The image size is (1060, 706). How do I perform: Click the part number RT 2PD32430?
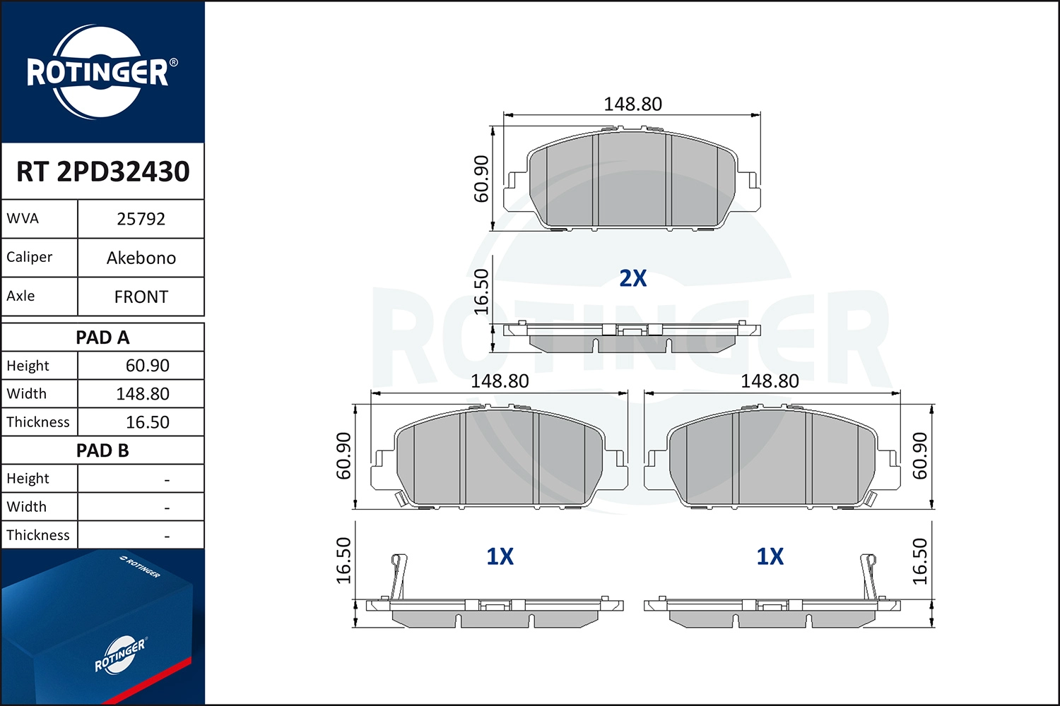coord(103,172)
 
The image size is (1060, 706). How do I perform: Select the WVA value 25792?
coord(141,219)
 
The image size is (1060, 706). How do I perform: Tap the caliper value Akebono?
coord(141,258)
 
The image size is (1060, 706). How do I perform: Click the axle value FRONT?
coord(141,297)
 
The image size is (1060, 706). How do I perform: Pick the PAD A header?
coord(102,337)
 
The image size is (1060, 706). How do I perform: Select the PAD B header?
coord(102,450)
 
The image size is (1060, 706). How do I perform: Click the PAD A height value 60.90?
coord(147,366)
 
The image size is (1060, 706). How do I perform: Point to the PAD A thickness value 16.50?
coord(147,422)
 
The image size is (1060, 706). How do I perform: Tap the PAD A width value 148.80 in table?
coord(143,394)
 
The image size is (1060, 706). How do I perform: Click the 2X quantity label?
coord(632,278)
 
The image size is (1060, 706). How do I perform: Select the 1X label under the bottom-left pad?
coord(500,556)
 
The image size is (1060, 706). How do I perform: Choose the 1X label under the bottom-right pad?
coord(770,556)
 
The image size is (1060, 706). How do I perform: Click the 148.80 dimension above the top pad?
coord(632,104)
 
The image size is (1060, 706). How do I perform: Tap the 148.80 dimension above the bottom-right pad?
coord(770,381)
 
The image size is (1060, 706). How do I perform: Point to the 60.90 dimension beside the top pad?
coord(481,179)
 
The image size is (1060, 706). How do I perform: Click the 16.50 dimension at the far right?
coord(919,562)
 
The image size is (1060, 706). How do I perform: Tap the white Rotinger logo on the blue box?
coord(119,654)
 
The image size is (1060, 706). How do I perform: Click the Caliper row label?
coord(30,257)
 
